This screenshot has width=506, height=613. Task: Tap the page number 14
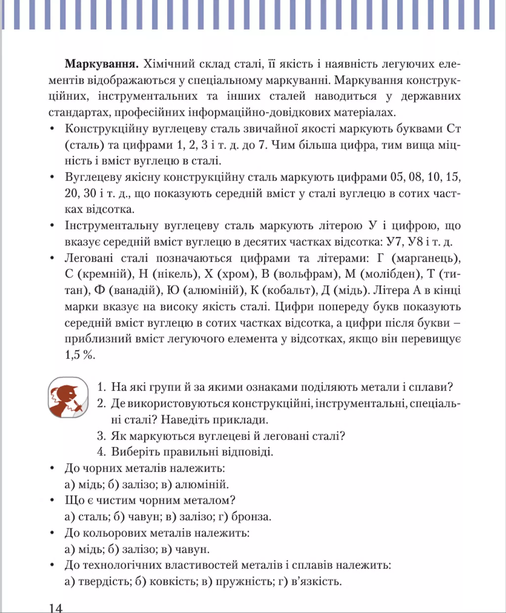tap(56, 608)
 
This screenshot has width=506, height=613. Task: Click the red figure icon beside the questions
tap(68, 397)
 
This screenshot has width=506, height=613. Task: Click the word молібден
tap(391, 274)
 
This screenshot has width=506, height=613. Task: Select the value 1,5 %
tap(80, 355)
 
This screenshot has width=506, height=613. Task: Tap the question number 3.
tap(101, 436)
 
